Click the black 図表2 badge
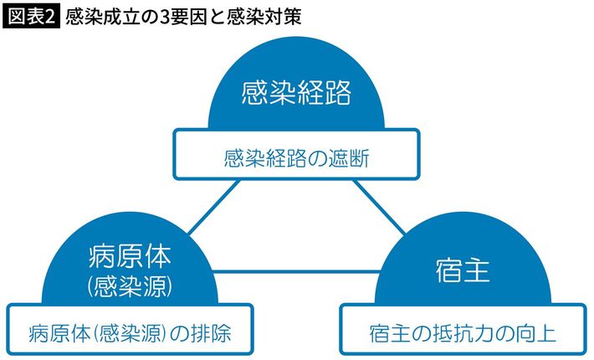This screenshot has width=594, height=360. pos(31,16)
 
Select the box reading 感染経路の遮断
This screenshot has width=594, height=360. pos(296,156)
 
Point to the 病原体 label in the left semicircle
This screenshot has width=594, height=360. pos(129,253)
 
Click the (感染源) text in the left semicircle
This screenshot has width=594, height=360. pos(129,285)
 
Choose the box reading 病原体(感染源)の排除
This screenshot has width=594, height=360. pos(129,333)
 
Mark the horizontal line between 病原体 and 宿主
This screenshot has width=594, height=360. pos(296,270)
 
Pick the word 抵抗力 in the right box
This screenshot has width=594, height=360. pos(455,333)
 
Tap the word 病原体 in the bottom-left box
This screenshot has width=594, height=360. pos(53,333)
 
